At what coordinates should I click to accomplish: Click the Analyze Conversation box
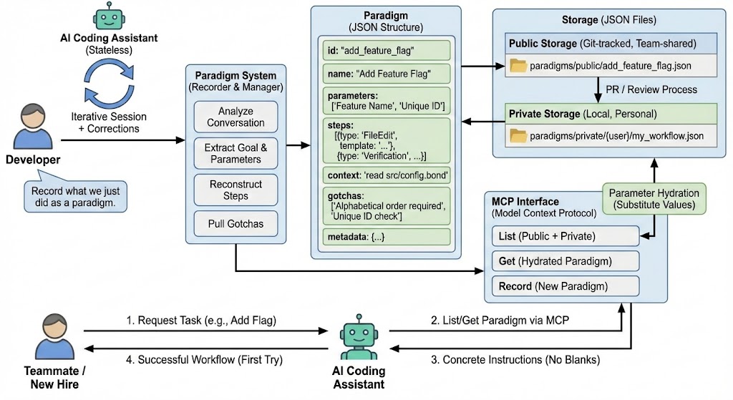tap(236, 117)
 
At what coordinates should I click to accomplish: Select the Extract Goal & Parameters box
tap(236, 153)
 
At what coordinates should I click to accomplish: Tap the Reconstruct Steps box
tap(236, 190)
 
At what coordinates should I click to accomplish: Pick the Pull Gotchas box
tap(236, 224)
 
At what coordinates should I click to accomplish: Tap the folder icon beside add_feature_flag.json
tap(517, 66)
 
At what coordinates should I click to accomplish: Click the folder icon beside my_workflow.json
tap(517, 135)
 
